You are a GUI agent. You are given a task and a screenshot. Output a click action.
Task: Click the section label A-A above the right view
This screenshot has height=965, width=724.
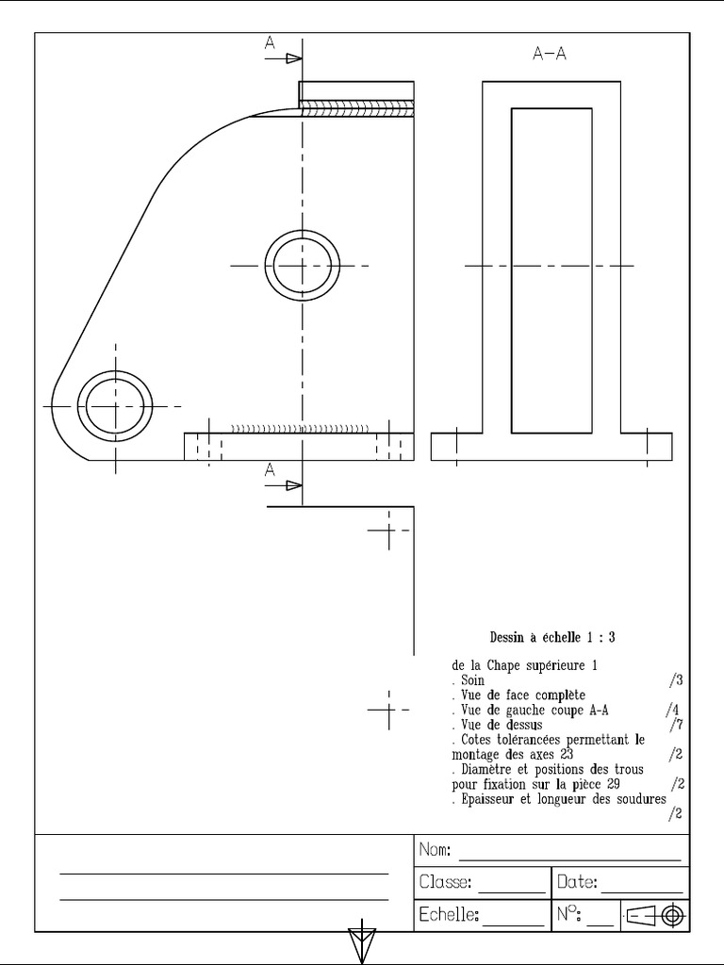point(550,54)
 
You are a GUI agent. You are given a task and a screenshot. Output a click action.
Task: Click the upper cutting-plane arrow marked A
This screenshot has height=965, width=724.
point(283,57)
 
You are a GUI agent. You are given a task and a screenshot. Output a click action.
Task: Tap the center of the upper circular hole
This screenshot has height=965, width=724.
point(303,266)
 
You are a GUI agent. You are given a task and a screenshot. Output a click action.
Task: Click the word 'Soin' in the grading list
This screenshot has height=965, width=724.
point(471,679)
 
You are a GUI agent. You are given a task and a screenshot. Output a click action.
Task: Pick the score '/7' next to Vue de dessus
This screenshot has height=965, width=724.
point(675,725)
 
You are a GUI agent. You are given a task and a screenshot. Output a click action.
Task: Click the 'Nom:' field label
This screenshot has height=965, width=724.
point(435,850)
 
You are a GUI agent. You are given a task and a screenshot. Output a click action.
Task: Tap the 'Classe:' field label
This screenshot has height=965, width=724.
point(446,883)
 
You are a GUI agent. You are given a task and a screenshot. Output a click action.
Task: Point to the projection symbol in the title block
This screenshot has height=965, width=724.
point(655,915)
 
